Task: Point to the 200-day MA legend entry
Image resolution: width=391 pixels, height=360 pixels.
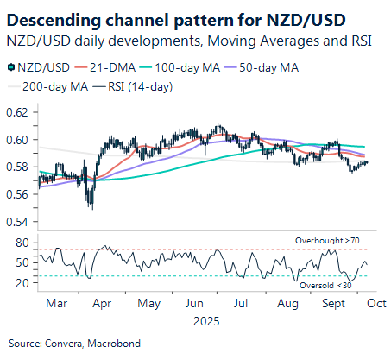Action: coord(50,85)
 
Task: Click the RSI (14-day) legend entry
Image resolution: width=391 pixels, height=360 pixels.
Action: coord(136,85)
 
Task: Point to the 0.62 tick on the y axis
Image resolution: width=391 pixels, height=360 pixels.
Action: coord(18,112)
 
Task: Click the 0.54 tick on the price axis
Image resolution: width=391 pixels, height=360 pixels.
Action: coord(18,222)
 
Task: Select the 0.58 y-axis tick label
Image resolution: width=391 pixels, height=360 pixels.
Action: coord(18,167)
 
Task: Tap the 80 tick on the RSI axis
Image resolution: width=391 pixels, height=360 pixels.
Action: coord(23,243)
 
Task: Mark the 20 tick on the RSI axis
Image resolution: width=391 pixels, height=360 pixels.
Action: coord(23,282)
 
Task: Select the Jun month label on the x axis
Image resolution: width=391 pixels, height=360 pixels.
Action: coord(195,304)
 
